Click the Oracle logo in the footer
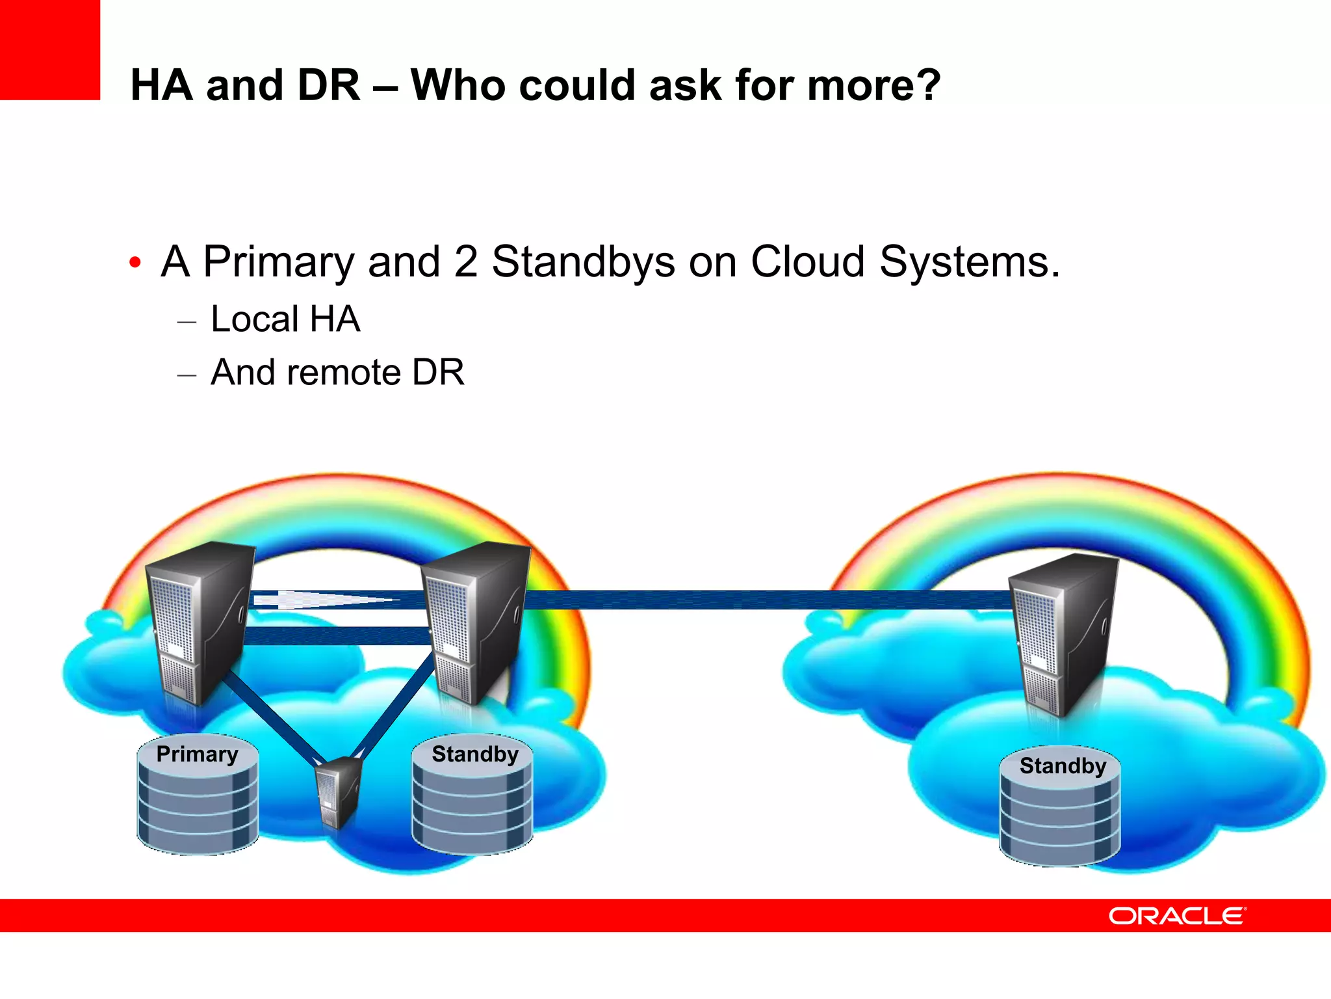click(1176, 916)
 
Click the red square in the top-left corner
click(50, 49)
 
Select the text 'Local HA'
click(285, 319)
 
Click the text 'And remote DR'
click(337, 373)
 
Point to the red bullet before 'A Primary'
click(135, 263)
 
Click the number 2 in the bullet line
click(465, 261)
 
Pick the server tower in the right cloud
click(1063, 634)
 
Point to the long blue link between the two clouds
click(767, 600)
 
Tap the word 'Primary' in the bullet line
click(278, 261)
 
